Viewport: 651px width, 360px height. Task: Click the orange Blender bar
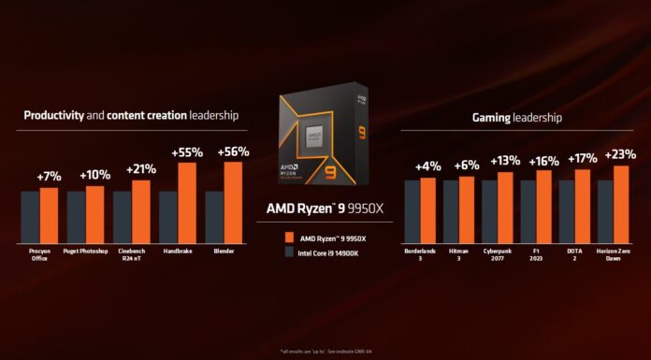[233, 202]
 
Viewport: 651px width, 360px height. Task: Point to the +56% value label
[233, 151]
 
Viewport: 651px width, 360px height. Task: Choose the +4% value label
[427, 166]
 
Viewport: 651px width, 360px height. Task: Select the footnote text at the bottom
[326, 351]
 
